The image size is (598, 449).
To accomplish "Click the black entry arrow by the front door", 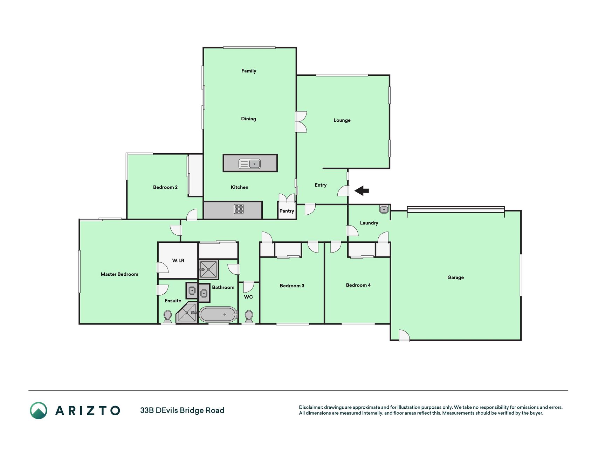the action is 362,191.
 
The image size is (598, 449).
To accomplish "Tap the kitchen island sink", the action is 249,163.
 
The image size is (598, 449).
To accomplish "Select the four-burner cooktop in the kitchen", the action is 239,209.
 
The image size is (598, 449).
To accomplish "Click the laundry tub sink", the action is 384,209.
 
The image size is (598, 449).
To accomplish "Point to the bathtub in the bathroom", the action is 218,315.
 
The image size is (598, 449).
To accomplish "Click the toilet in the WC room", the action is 249,317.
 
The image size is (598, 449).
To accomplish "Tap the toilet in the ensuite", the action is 167,317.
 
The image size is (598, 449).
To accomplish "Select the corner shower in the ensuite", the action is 187,313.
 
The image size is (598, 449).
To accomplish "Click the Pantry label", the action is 287,211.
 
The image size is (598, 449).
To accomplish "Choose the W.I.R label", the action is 178,260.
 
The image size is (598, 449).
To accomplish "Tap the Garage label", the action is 455,277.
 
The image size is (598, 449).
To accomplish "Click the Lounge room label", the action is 342,120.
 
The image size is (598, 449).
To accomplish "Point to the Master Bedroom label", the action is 119,274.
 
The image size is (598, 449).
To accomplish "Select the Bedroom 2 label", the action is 165,187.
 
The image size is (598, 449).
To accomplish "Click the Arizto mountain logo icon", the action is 39,410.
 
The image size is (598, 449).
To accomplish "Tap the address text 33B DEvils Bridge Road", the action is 182,410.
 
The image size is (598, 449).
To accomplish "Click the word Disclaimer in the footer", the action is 310,407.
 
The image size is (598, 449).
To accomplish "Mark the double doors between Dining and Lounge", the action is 301,122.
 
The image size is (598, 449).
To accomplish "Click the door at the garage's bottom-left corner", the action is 404,335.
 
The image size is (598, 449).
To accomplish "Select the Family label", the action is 249,71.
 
